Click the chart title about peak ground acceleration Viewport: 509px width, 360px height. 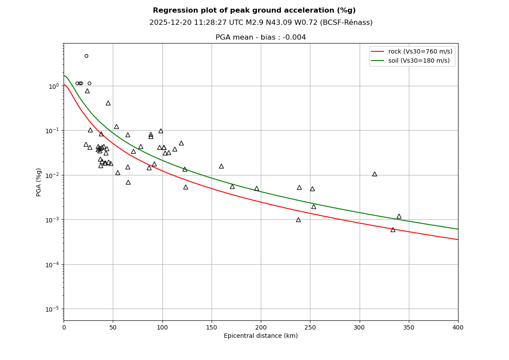point(254,10)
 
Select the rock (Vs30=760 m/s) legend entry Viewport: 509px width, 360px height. point(411,52)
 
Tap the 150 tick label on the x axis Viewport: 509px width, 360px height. point(212,327)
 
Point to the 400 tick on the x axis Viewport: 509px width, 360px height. point(458,327)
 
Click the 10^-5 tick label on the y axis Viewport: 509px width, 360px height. point(53,309)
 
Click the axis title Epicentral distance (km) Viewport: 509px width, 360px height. point(261,336)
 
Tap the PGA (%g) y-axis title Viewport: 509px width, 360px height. point(39,182)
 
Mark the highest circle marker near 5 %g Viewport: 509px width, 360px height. point(86,56)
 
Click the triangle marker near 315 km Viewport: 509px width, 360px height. point(374,174)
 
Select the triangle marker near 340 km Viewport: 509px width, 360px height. point(399,216)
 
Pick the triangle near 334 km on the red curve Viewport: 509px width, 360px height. point(393,230)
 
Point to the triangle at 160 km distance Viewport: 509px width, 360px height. point(221,166)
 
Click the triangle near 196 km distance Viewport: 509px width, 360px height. point(256,189)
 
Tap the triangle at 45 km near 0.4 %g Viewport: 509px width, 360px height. point(108,103)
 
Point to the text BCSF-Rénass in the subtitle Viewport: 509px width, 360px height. point(350,23)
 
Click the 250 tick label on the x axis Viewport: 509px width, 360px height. point(310,327)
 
